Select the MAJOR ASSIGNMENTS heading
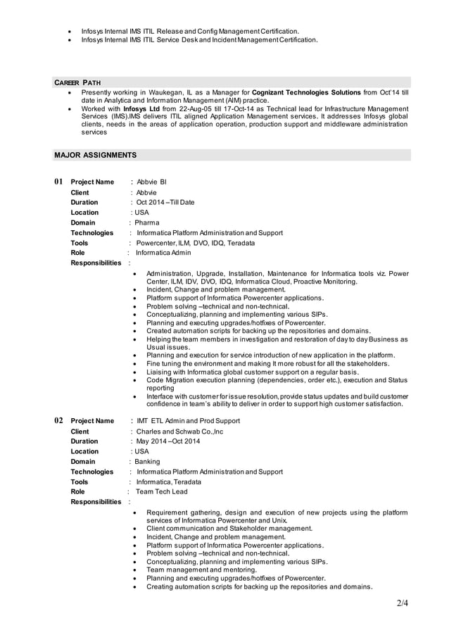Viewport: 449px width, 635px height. (x=95, y=154)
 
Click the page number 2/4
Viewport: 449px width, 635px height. (x=402, y=603)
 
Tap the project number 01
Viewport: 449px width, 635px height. (x=59, y=182)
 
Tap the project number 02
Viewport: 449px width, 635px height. (x=59, y=420)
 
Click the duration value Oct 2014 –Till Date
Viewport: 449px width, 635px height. (x=165, y=203)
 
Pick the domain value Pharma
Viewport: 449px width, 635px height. (x=147, y=222)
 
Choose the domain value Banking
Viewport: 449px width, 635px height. (x=148, y=462)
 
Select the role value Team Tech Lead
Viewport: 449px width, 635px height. (x=162, y=492)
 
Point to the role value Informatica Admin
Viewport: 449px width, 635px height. (x=163, y=253)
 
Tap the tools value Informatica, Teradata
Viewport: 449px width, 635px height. (x=168, y=482)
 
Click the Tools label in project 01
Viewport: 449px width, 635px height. (x=80, y=243)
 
